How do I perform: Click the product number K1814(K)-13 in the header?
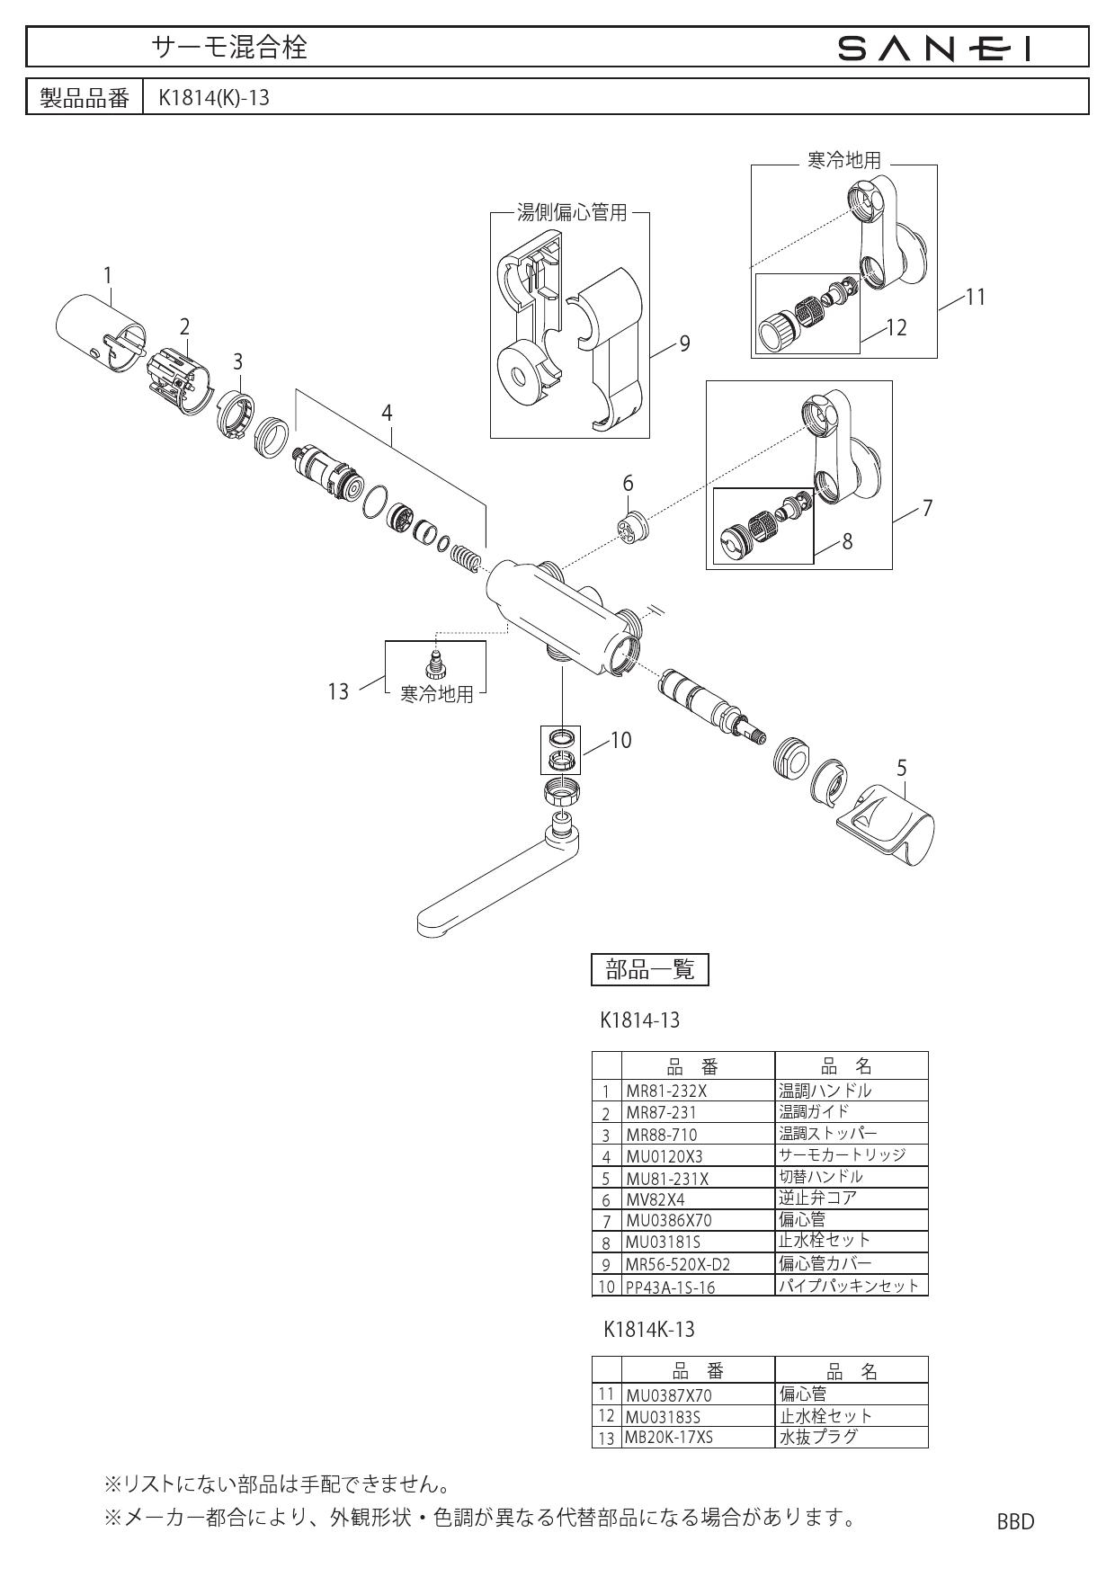point(214,97)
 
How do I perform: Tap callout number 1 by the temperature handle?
point(108,274)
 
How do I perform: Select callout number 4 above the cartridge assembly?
point(387,413)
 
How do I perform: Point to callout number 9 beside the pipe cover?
point(684,343)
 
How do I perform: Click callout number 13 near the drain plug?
point(338,691)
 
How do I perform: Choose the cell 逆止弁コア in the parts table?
point(817,1198)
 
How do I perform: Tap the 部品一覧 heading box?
point(650,969)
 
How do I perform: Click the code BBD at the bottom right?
point(1015,1521)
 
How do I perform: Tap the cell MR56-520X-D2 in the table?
point(678,1265)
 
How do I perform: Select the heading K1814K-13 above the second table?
point(649,1329)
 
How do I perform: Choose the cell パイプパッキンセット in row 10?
point(849,1286)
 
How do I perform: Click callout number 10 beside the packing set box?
point(620,740)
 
